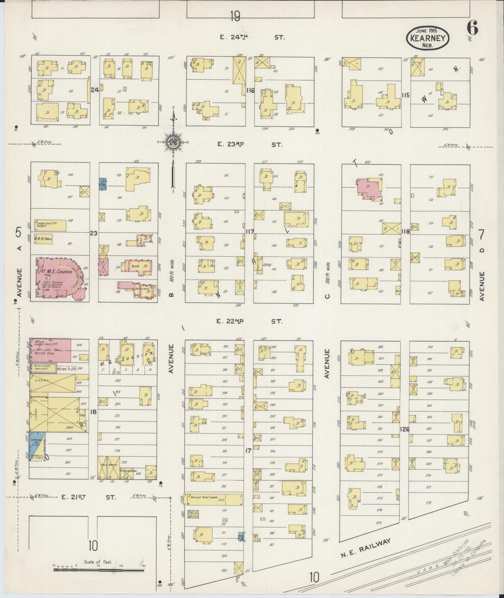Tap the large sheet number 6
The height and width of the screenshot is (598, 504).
472,28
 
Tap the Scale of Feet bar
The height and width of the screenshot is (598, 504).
99,570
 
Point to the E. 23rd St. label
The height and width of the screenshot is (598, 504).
250,145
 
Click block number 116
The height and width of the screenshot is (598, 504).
250,91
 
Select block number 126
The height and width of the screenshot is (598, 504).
405,429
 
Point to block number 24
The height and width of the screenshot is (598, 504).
94,90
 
